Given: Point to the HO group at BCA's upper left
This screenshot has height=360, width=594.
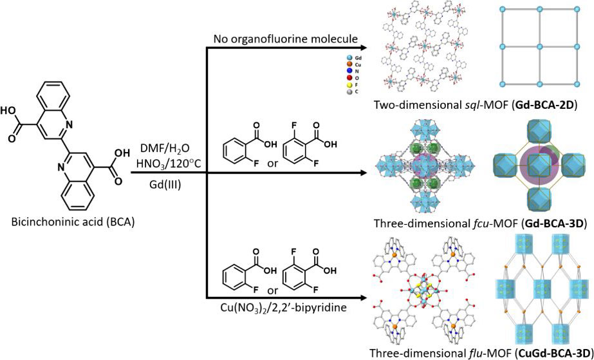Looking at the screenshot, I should pos(16,111).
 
